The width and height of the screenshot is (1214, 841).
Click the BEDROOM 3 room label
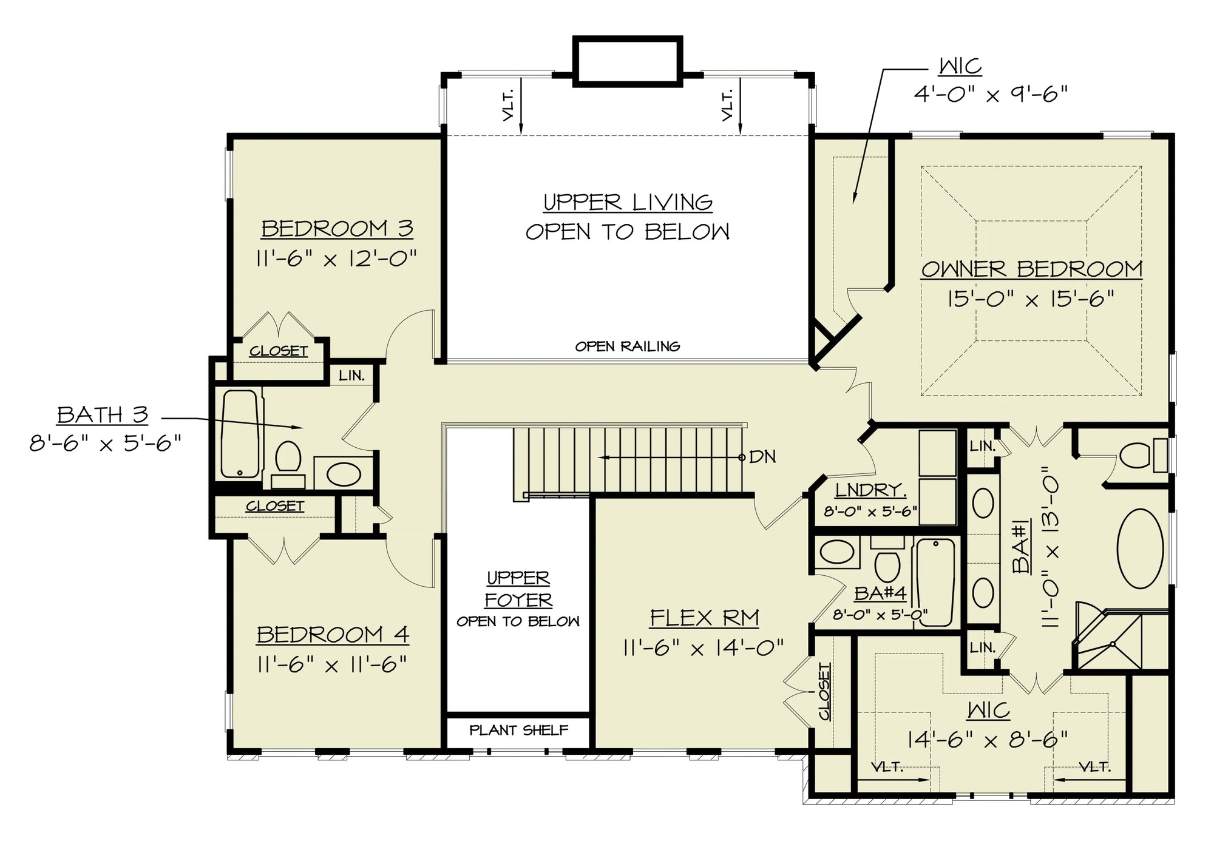pos(337,229)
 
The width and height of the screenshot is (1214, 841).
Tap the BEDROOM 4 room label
pos(333,635)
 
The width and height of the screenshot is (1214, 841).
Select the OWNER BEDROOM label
pos(1032,269)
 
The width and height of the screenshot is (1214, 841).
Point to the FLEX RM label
pos(704,618)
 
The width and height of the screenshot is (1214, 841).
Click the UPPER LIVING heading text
pos(628,202)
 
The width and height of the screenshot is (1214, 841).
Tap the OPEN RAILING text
pos(628,346)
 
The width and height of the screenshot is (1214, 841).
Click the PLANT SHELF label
pos(519,730)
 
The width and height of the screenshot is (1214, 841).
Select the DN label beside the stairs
pos(762,457)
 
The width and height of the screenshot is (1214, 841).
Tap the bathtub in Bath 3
pos(240,433)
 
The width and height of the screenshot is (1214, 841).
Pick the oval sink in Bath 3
pos(344,474)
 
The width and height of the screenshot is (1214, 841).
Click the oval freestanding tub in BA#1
pos(1139,549)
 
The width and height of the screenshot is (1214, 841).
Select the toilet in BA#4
pos(887,561)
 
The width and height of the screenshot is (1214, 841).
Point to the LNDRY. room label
pos(870,490)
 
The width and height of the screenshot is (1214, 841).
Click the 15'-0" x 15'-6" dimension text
pos(1031,299)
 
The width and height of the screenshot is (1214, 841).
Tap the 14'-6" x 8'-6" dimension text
pos(988,739)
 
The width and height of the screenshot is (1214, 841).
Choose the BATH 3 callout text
pos(103,415)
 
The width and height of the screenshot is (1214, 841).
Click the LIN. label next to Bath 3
pos(352,376)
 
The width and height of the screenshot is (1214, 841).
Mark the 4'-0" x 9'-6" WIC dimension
pos(991,94)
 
